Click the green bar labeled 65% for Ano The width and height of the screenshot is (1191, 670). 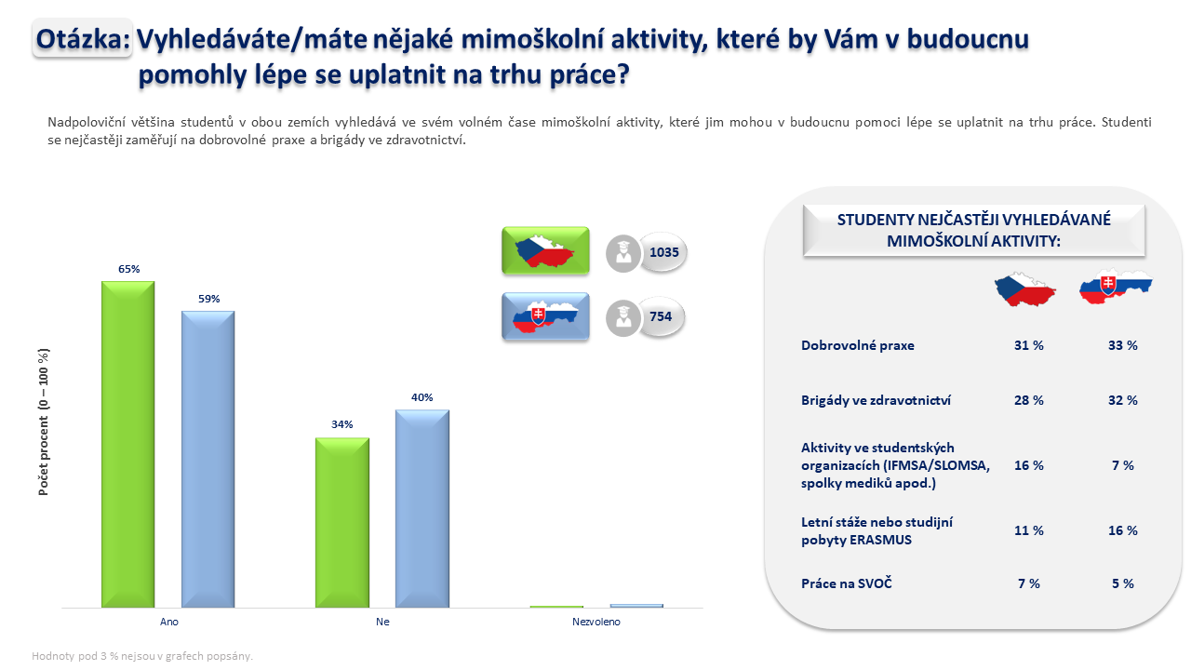click(128, 444)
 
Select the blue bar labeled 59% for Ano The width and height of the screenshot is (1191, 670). click(207, 459)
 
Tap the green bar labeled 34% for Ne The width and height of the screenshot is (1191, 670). click(341, 522)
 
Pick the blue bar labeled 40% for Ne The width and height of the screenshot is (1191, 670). click(422, 508)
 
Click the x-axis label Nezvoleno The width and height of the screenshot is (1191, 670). click(596, 622)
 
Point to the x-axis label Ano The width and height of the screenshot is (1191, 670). click(169, 622)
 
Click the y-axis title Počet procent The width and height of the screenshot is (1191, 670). click(44, 422)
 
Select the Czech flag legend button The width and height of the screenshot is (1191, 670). click(545, 250)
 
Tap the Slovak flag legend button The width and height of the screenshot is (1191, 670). click(545, 316)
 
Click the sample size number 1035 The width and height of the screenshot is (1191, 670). click(664, 252)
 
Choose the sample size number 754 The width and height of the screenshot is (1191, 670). click(661, 316)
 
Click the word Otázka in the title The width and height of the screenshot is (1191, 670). click(83, 39)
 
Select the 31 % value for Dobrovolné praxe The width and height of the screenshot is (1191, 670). click(1028, 345)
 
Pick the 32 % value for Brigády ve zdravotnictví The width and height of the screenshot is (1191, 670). click(1122, 400)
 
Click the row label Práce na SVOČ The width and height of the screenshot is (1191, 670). click(846, 583)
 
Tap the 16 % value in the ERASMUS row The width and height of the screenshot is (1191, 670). click(1122, 530)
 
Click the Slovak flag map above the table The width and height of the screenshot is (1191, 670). click(1116, 287)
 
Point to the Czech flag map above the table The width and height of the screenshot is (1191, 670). click(1025, 289)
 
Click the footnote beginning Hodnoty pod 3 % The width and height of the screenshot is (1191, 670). click(142, 656)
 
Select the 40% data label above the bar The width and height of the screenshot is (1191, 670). click(422, 397)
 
